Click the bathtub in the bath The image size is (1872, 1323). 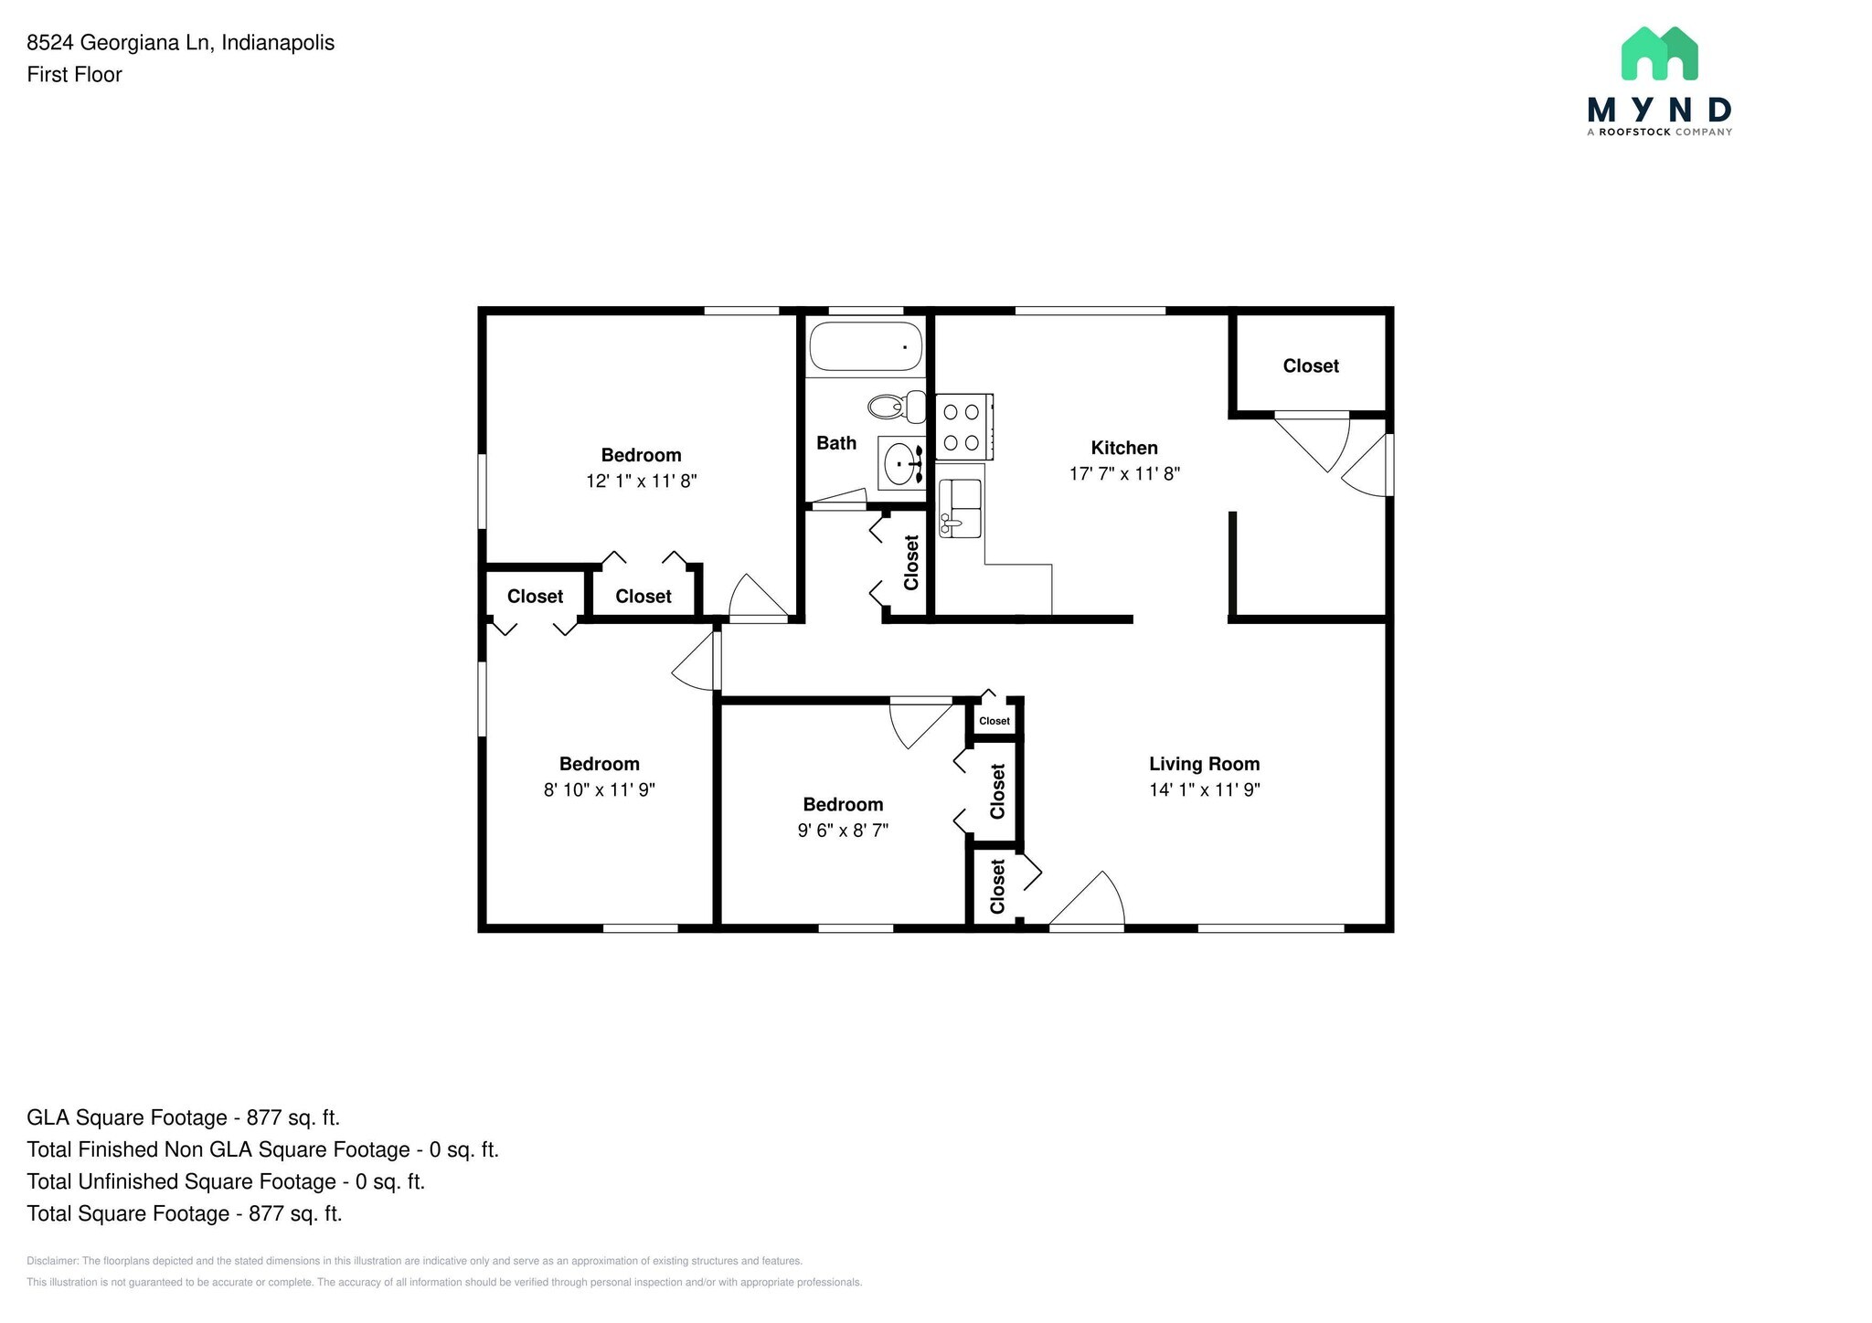click(x=865, y=346)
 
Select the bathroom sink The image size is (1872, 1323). click(x=901, y=463)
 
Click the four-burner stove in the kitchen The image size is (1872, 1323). click(x=962, y=427)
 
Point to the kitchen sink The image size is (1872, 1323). click(x=960, y=510)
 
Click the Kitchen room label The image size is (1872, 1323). click(x=1123, y=448)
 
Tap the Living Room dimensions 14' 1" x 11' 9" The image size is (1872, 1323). click(x=1204, y=789)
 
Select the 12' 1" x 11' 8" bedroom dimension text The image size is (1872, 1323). click(x=641, y=481)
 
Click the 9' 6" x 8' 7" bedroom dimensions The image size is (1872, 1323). click(x=842, y=830)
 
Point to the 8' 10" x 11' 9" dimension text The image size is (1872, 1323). click(x=599, y=789)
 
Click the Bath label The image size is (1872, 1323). click(x=835, y=443)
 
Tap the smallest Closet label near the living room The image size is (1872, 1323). click(x=994, y=721)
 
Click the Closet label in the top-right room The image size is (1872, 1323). click(x=1310, y=365)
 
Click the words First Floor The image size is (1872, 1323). click(x=74, y=75)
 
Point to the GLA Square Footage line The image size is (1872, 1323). click(x=183, y=1117)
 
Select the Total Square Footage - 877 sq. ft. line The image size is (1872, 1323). click(x=184, y=1213)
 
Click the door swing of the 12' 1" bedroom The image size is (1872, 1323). click(x=756, y=598)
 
